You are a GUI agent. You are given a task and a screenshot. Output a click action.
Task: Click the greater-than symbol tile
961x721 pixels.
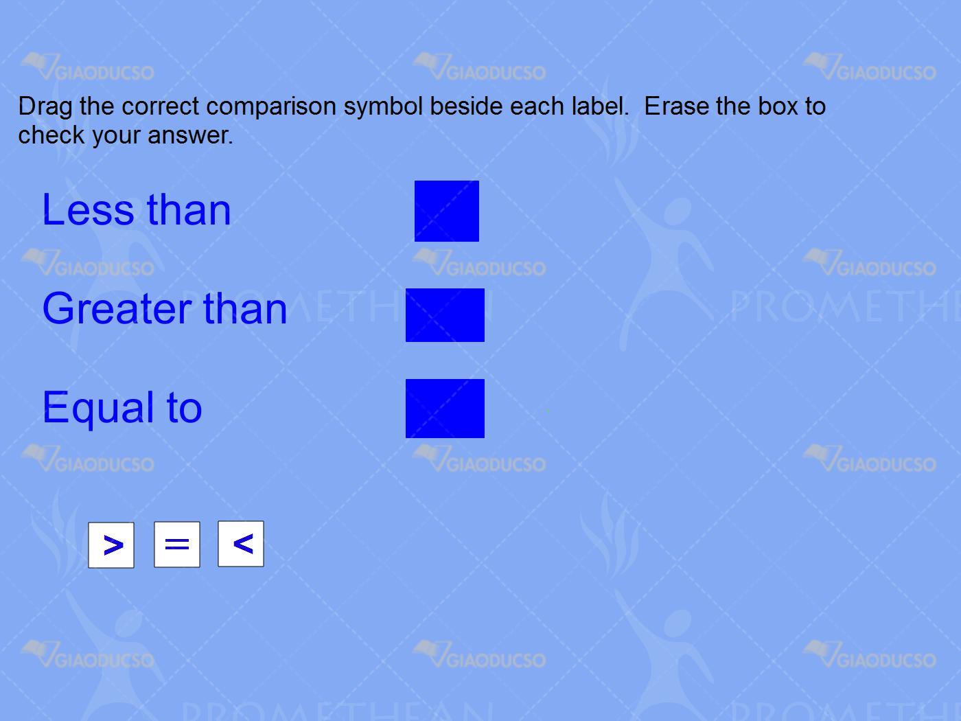pyautogui.click(x=111, y=545)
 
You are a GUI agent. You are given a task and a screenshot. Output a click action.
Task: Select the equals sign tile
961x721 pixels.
pyautogui.click(x=177, y=544)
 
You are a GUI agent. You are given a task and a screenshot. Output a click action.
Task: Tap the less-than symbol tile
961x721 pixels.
pyautogui.click(x=241, y=544)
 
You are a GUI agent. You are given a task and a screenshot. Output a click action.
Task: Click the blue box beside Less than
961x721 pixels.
pyautogui.click(x=447, y=211)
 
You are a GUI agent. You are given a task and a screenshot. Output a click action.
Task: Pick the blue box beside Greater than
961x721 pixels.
pyautogui.click(x=445, y=314)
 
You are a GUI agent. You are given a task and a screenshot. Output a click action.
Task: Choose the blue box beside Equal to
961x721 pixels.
pyautogui.click(x=445, y=409)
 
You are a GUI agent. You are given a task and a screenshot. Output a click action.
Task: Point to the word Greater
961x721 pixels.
pyautogui.click(x=117, y=308)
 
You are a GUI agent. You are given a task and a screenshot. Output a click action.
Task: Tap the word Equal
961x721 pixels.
pyautogui.click(x=98, y=409)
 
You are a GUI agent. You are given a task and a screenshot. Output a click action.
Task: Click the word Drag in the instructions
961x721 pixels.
pyautogui.click(x=45, y=107)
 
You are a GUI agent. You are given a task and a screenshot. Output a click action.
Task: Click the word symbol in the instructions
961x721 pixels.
pyautogui.click(x=384, y=107)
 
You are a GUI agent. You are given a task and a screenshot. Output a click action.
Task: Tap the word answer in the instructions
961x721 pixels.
pyautogui.click(x=190, y=135)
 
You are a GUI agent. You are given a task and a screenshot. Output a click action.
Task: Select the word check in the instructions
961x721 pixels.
pyautogui.click(x=51, y=135)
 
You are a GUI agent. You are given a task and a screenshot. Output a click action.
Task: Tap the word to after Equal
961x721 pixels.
pyautogui.click(x=185, y=408)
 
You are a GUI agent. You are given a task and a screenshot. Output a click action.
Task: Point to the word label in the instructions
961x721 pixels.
pyautogui.click(x=601, y=106)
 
